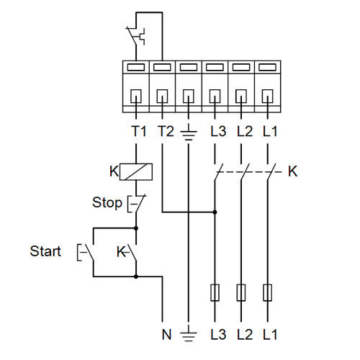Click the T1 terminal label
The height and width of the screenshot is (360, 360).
tap(139, 131)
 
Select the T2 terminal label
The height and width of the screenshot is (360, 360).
tap(166, 131)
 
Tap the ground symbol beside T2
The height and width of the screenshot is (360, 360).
tap(189, 132)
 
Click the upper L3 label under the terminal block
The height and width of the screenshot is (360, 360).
tap(218, 131)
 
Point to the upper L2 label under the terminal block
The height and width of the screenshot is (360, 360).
tap(245, 131)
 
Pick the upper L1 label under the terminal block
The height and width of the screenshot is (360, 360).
tap(270, 131)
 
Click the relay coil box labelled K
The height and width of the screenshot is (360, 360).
tap(136, 172)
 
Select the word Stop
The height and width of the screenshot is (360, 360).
tap(107, 203)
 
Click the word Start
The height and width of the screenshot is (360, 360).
tap(45, 251)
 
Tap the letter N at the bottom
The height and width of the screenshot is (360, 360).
tap(166, 334)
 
